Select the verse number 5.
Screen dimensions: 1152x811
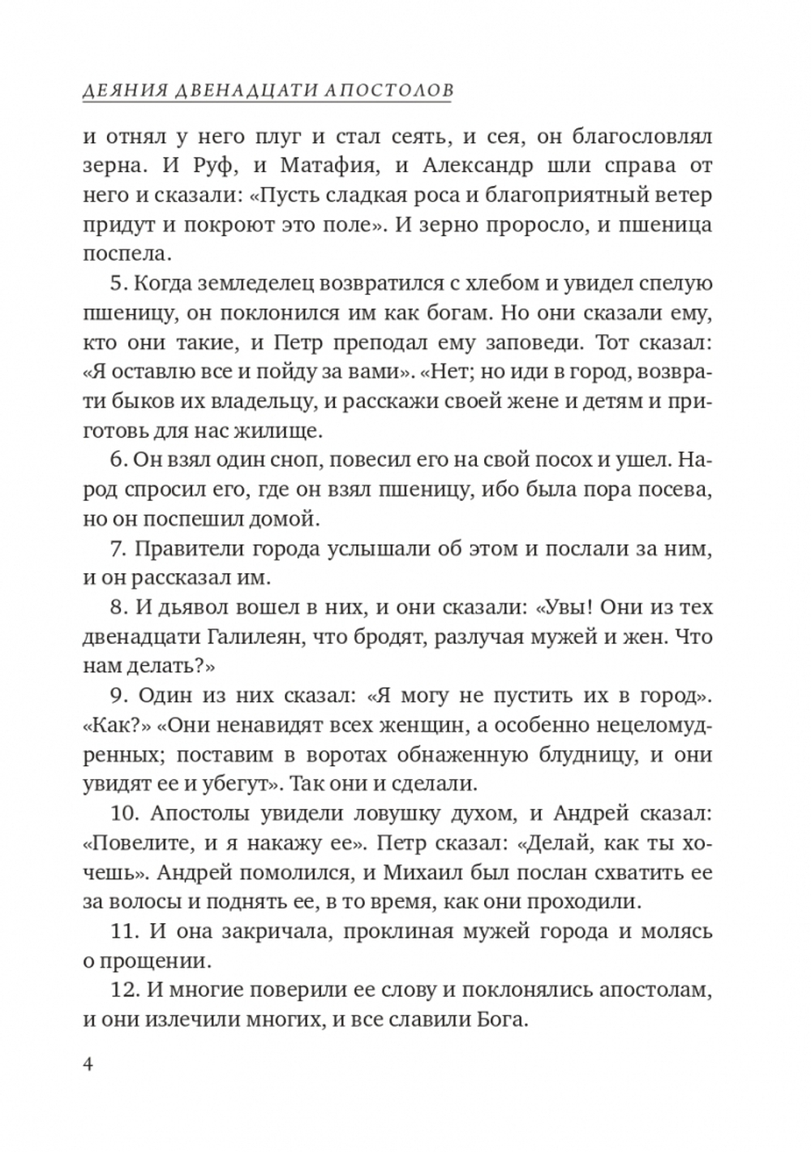114,284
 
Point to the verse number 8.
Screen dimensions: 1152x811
114,607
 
